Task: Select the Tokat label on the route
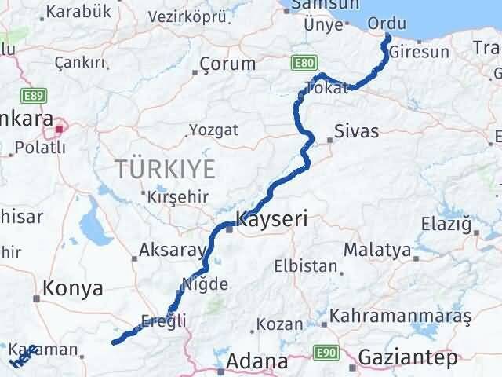coord(326,87)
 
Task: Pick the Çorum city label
coord(227,64)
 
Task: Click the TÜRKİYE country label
coord(165,168)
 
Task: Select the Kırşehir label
coord(171,196)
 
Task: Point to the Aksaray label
coord(171,252)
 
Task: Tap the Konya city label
coord(73,288)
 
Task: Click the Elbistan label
coord(299,266)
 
